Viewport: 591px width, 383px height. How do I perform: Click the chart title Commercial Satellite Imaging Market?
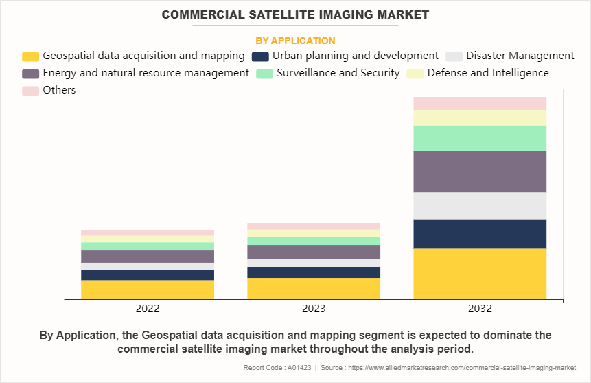point(295,14)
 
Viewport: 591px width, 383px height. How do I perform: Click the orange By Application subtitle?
point(295,41)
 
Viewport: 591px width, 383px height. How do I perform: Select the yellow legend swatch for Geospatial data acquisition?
point(30,56)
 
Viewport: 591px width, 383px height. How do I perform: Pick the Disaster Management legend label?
point(520,56)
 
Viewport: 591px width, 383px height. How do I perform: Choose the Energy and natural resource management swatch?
point(30,73)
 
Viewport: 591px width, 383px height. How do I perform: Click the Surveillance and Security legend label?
point(338,73)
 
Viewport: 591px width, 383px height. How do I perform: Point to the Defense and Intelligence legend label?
point(488,73)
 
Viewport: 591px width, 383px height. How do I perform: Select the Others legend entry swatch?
point(30,90)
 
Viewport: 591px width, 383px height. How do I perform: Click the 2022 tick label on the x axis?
point(148,309)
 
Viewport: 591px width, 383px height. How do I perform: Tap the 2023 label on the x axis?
point(314,309)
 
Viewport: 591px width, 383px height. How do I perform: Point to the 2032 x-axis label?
point(480,309)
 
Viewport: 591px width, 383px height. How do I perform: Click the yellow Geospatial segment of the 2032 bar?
point(480,274)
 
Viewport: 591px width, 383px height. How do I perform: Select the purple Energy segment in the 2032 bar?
point(480,171)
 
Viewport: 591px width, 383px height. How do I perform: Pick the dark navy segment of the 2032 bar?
point(480,234)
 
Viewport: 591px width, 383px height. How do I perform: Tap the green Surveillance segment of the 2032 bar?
point(480,138)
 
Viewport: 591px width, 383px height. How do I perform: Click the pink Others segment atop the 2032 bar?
point(480,103)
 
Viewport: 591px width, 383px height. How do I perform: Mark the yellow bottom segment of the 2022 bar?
point(148,289)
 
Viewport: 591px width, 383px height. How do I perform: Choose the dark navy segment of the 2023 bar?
point(314,273)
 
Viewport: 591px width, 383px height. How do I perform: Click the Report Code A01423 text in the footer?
point(273,368)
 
